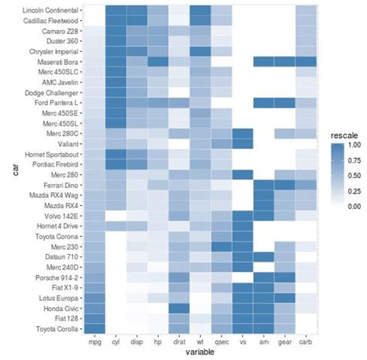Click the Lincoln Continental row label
[x=50, y=9]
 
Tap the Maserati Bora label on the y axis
[x=56, y=60]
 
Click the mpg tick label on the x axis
[x=94, y=341]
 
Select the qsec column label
[x=221, y=341]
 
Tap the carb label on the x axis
[x=306, y=341]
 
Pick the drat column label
[x=179, y=341]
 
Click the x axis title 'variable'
[x=200, y=352]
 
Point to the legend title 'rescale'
[x=344, y=135]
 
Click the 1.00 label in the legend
[x=354, y=145]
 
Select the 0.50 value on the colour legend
[x=354, y=176]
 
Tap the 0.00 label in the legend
[x=354, y=207]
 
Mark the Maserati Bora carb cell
[x=306, y=60]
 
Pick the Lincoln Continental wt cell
[x=200, y=9]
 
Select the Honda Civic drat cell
[x=179, y=307]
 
